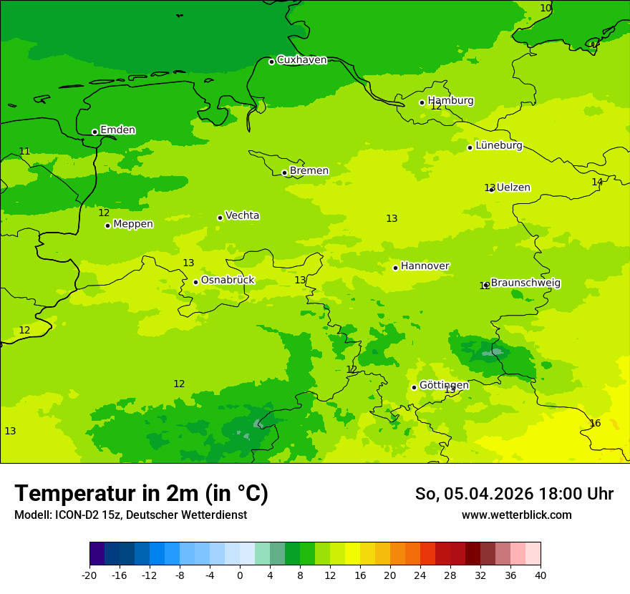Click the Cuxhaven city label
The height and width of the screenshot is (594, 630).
pos(301,60)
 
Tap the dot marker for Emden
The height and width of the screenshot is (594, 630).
pos(94,132)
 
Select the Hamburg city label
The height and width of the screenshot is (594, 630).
pos(450,101)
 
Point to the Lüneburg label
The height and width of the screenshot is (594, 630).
pos(498,145)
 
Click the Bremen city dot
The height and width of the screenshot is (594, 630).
pos(284,172)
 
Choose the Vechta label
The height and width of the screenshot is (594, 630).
pos(242,215)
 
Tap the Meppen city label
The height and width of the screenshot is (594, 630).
pos(132,224)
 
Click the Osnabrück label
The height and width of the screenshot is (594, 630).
pos(227,280)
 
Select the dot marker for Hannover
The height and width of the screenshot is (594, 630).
pos(395,268)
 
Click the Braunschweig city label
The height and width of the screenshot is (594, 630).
pos(525,283)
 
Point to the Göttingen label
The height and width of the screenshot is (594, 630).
pos(444,385)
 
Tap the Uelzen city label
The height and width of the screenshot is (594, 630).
pos(513,188)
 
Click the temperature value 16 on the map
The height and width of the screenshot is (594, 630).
pos(595,423)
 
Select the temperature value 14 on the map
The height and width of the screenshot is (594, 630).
pos(597,182)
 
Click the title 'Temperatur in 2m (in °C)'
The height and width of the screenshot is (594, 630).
pos(141,493)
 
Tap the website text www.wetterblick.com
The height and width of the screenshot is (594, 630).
pos(516,515)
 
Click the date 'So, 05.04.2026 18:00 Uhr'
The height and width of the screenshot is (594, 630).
pos(514,494)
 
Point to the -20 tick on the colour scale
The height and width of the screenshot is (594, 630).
pos(89,575)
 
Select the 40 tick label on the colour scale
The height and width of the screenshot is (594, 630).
pos(541,575)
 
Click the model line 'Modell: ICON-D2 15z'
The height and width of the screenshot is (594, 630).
pos(130,515)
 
